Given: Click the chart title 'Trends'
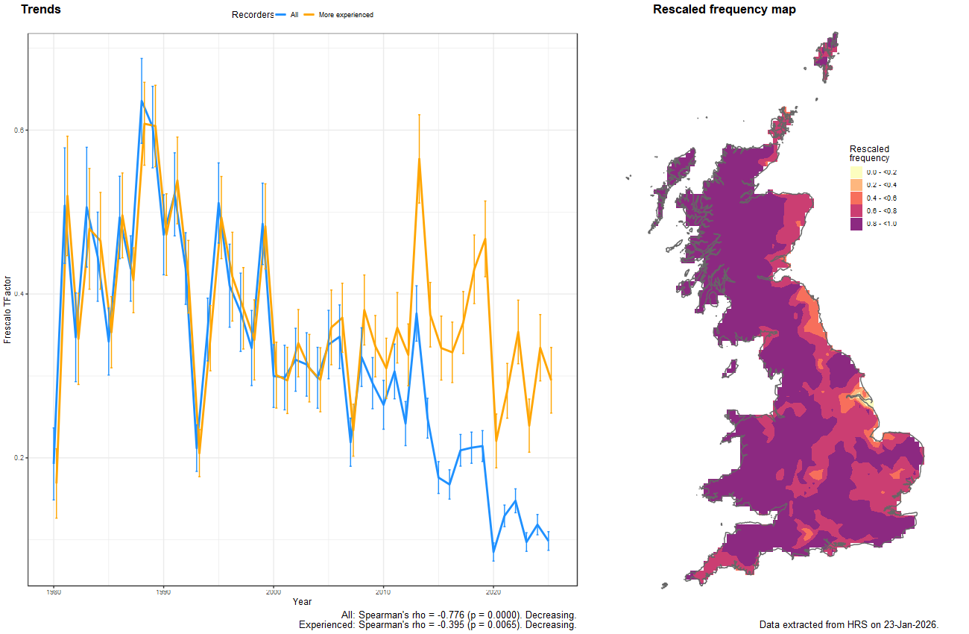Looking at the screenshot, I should click(41, 10).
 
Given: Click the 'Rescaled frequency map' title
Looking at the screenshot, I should click(724, 10).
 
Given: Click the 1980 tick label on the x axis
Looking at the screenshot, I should click(54, 592).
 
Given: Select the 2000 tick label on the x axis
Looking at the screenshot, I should click(274, 592).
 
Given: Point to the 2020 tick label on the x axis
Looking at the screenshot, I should click(493, 592).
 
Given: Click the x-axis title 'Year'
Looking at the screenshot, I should click(303, 602).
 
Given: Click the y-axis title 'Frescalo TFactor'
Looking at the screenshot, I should click(7, 309).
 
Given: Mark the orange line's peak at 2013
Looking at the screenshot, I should click(419, 158).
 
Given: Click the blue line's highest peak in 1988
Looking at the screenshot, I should click(142, 101).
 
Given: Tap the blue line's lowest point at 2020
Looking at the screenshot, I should click(493, 553).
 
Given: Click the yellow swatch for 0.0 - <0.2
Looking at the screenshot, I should click(856, 172).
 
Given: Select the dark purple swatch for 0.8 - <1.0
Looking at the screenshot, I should click(856, 225).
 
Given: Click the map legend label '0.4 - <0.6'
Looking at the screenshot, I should click(882, 198).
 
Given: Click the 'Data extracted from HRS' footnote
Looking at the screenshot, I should click(848, 624).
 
